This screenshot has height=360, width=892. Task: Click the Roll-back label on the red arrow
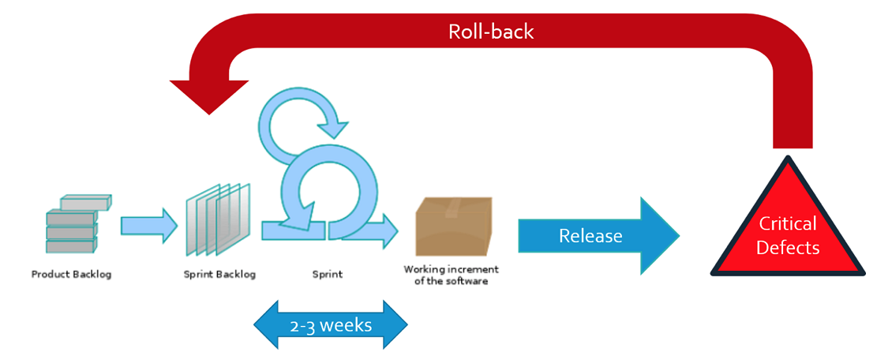point(492,32)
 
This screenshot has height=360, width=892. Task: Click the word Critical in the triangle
point(788,224)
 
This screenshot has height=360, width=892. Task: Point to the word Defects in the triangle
point(788,248)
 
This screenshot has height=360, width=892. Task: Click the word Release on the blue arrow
point(590,235)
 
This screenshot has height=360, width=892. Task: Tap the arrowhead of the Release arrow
point(661,236)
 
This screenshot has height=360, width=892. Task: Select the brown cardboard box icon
point(453,226)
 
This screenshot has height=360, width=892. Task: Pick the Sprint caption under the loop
point(328,275)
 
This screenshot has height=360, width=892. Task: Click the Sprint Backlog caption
point(219,275)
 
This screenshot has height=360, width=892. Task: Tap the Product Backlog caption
point(72,275)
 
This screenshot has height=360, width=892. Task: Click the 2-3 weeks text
point(330,325)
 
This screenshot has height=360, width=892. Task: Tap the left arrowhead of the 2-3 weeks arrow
point(266,324)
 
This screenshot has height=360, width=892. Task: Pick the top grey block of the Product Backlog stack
point(86,202)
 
